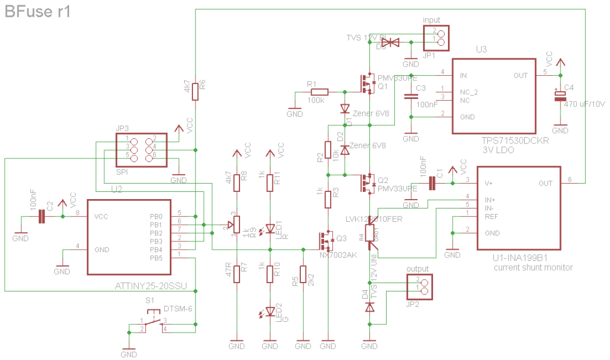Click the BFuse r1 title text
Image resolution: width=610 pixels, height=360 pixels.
(x=38, y=11)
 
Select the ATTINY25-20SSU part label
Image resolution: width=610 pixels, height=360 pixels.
(x=150, y=287)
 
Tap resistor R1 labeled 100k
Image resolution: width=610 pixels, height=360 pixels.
(x=319, y=92)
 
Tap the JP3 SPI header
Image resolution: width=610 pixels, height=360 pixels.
(x=141, y=148)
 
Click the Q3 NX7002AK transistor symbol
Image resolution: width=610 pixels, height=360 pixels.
(x=326, y=241)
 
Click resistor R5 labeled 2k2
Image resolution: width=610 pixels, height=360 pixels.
(x=303, y=275)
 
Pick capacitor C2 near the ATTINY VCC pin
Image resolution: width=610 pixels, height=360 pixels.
(x=42, y=216)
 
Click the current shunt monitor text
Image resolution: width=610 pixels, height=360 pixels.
(x=533, y=268)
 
